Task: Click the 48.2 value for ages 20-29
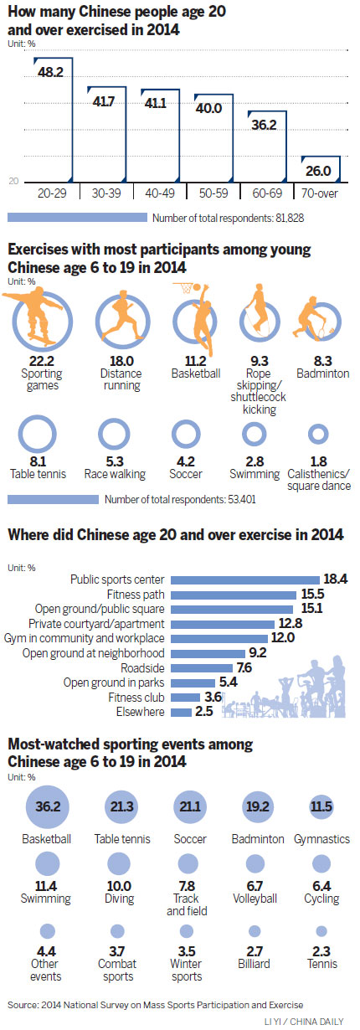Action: (x=52, y=72)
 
